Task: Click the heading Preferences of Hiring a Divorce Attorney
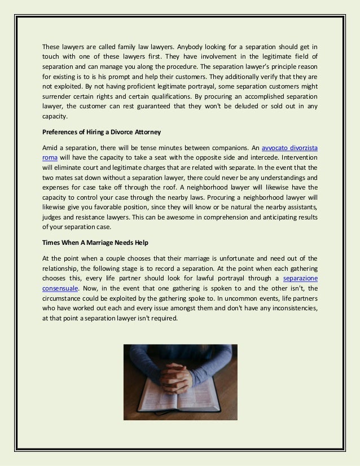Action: click(102, 133)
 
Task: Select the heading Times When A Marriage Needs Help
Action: click(96, 242)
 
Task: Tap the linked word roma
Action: click(50, 158)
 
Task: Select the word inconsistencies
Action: click(287, 307)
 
